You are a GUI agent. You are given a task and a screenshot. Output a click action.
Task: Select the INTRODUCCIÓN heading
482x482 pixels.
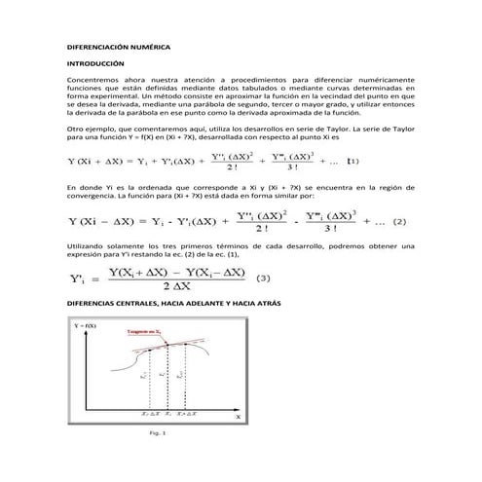tap(95, 62)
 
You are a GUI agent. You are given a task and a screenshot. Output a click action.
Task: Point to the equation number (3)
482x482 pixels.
tap(262, 278)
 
